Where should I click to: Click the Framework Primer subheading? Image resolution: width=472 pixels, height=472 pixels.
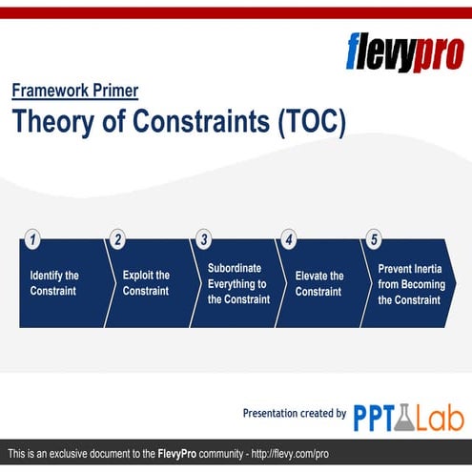pos(75,92)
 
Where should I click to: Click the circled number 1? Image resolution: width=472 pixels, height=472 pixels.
pos(31,240)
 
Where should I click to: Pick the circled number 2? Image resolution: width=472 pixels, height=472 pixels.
pos(117,240)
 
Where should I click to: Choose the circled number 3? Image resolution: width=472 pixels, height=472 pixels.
pos(203,240)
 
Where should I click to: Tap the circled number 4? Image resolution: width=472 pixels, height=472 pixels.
pos(288,240)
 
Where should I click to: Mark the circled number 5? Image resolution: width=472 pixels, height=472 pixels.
pos(374,240)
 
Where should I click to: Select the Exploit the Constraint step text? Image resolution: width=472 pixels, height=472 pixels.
pos(146,283)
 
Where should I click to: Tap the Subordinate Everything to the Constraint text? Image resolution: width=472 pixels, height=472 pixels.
pos(238,283)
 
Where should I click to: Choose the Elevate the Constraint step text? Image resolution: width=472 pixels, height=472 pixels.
pos(319,283)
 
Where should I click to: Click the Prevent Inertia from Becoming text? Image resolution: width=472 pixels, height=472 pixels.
pos(409,283)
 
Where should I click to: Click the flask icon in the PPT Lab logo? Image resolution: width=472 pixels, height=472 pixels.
pos(405,416)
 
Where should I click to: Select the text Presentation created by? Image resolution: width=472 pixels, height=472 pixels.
pos(295,413)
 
